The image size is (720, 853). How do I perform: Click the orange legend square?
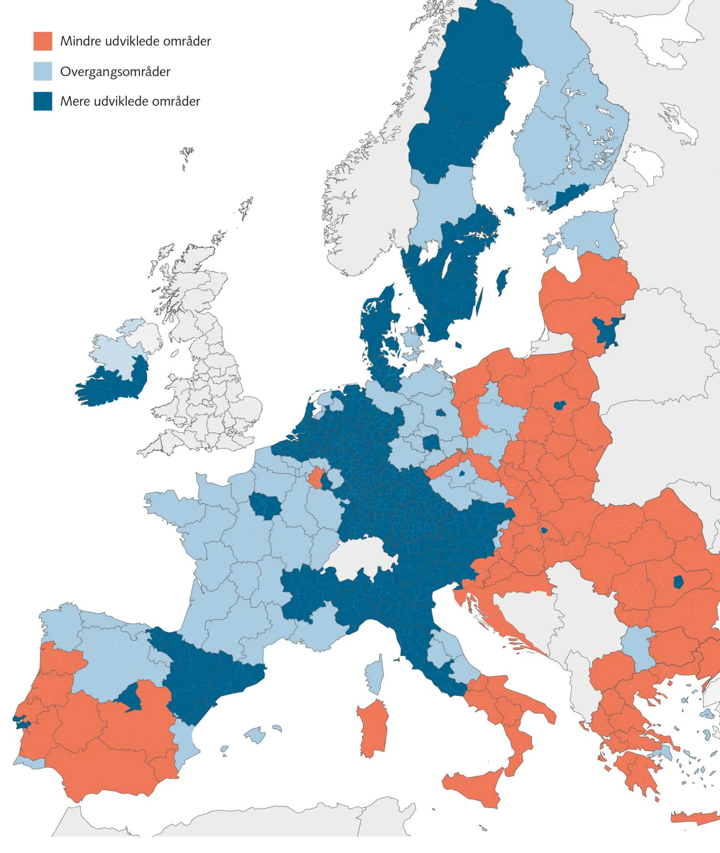click(43, 41)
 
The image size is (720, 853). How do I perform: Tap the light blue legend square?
click(43, 71)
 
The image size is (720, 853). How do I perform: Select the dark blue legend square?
click(43, 101)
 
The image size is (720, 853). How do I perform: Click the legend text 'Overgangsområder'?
click(115, 72)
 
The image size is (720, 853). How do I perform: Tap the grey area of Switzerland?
click(361, 558)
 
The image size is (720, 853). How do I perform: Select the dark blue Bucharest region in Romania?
click(679, 582)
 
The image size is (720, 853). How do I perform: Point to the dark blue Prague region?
click(462, 474)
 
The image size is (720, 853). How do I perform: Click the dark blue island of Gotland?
click(503, 281)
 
